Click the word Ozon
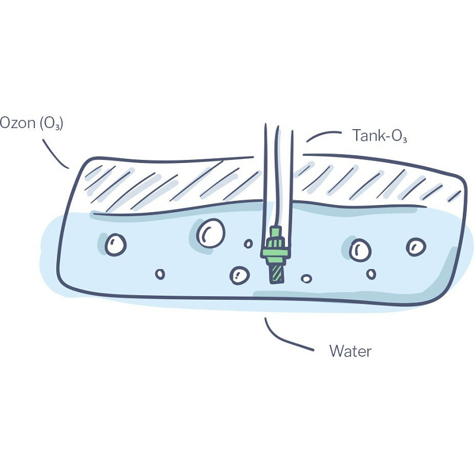coord(18,123)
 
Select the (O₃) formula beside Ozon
coord(52,124)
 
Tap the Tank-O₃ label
coord(380,136)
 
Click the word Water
coord(350,351)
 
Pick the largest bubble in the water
coord(211,233)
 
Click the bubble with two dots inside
coord(240,276)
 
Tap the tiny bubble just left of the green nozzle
coord(248,244)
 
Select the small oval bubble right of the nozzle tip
coord(306,278)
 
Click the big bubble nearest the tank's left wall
coord(116,245)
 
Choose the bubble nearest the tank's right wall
coord(416,247)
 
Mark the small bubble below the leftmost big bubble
coord(160,274)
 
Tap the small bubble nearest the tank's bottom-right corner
coord(371,274)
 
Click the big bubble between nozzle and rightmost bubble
coord(360,250)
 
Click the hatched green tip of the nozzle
coord(277,273)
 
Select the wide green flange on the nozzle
coord(275,252)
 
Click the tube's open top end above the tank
coord(278,127)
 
